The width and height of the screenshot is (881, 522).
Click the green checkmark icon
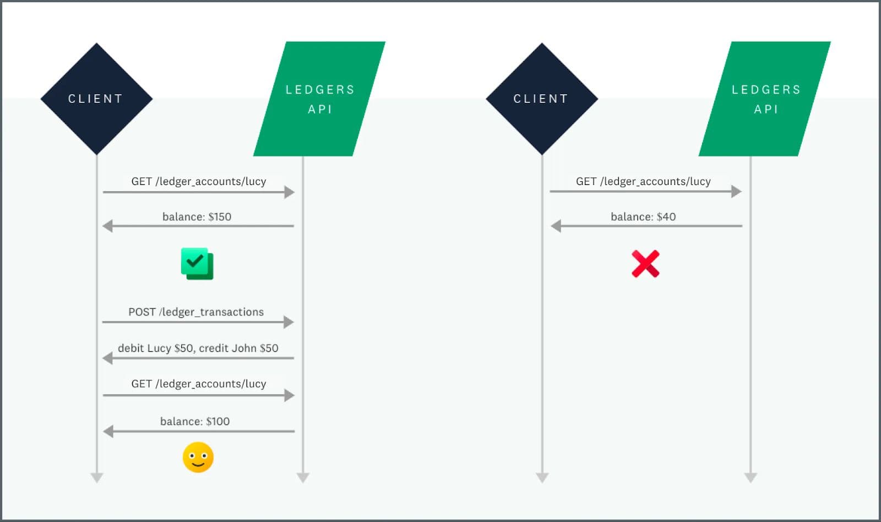pos(197,263)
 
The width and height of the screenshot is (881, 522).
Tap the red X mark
pos(645,264)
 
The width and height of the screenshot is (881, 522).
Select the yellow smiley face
pos(198,457)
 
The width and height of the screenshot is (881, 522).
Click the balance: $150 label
pos(197,216)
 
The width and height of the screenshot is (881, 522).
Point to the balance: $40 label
pos(643,216)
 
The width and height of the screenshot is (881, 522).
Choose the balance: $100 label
pos(195,421)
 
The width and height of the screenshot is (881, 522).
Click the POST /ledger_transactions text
pos(196,312)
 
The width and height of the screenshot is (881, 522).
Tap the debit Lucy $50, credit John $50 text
pos(198,348)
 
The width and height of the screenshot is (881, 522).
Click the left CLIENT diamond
pos(97,99)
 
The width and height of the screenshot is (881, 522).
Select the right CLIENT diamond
pos(542,99)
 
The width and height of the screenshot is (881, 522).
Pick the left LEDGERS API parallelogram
pos(319,99)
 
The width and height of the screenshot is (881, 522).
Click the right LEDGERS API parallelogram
pos(765,99)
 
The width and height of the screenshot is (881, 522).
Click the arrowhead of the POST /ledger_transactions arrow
pos(289,322)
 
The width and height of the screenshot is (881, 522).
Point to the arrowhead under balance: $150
pos(107,226)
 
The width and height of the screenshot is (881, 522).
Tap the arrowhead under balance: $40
pos(556,226)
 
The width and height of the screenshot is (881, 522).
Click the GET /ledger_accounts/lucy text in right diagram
pos(643,181)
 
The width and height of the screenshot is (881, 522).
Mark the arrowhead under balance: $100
pos(108,431)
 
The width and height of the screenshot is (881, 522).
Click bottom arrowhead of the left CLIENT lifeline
pos(97,477)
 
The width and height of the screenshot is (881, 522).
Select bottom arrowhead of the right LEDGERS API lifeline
pos(751,477)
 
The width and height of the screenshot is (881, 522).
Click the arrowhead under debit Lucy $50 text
pos(107,358)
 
